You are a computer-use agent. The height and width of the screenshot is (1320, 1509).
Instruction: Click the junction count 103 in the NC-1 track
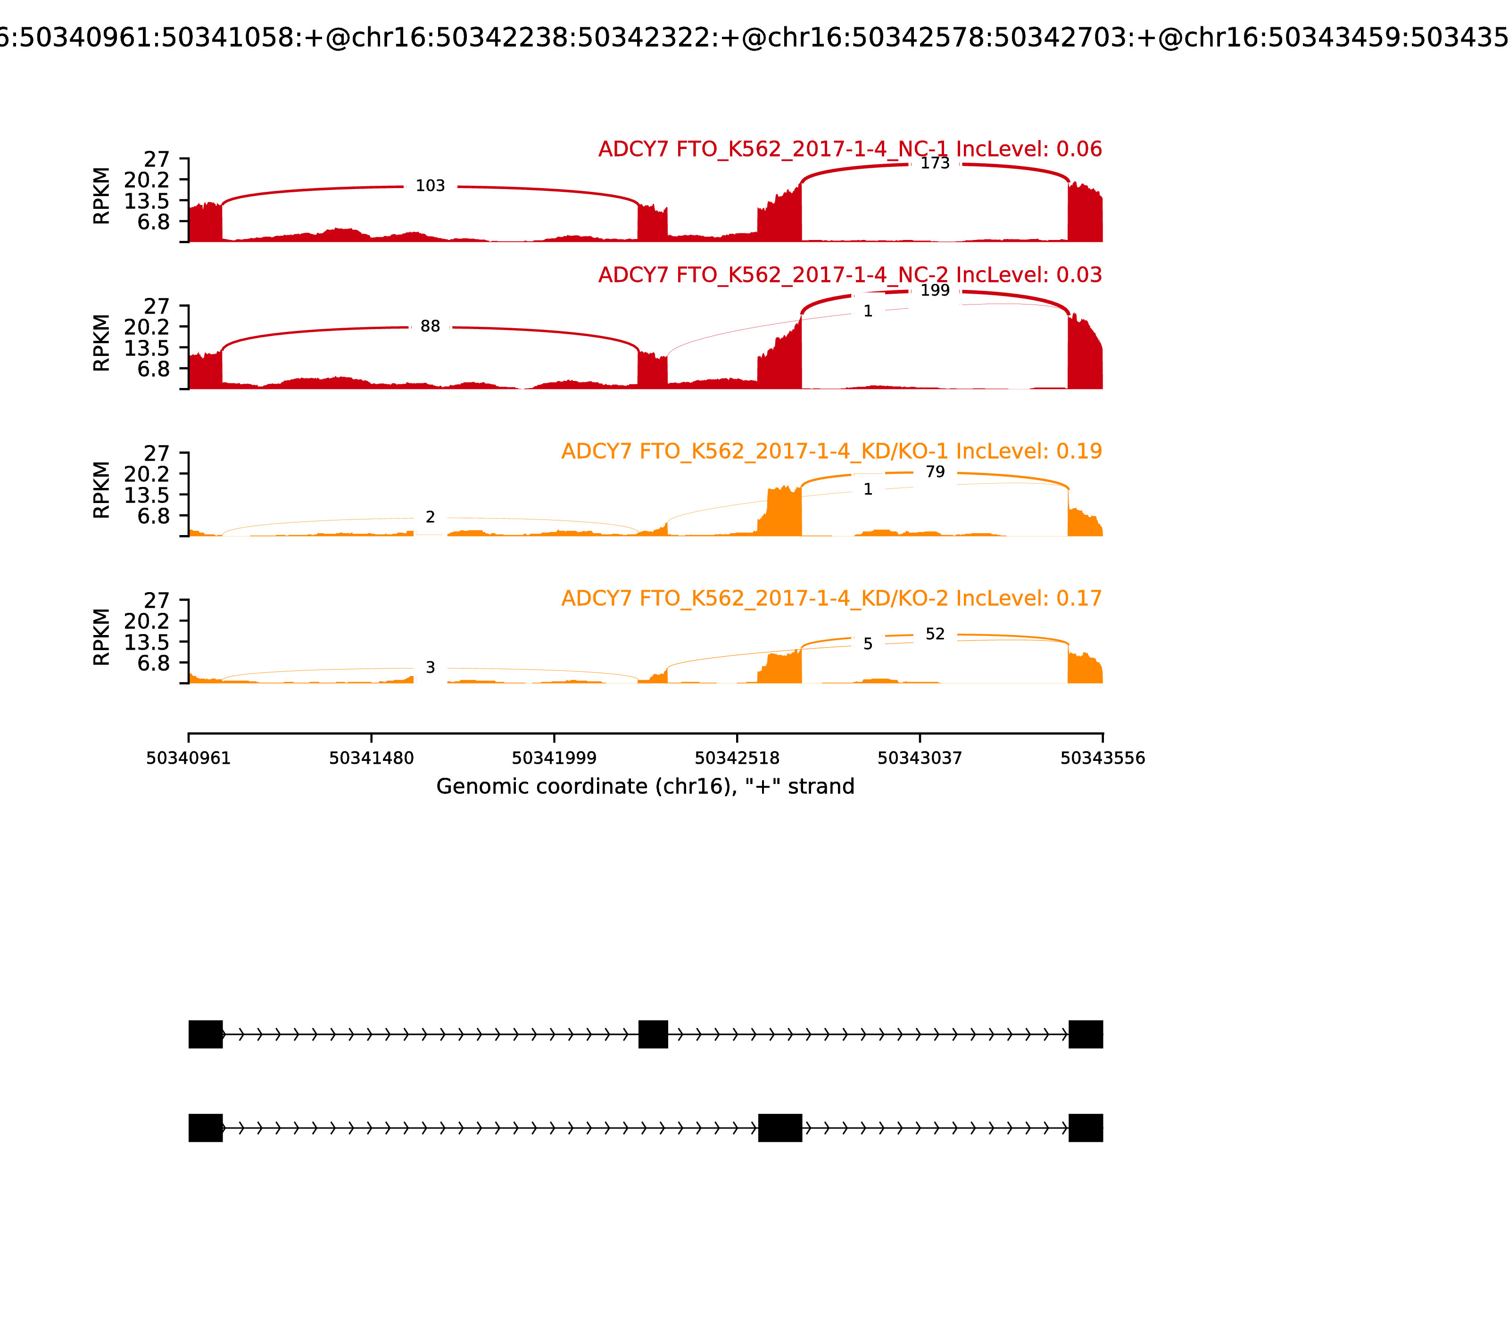430,186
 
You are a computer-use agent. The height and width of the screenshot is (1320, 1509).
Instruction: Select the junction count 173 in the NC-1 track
935,163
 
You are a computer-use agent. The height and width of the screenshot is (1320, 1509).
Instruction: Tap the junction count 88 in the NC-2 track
430,326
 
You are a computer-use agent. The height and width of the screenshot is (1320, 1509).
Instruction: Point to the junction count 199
935,290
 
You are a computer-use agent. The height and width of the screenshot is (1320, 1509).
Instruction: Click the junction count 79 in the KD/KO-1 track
935,471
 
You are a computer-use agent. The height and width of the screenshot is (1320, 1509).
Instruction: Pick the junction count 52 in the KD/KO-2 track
935,634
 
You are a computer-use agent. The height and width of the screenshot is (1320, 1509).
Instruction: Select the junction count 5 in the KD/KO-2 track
868,644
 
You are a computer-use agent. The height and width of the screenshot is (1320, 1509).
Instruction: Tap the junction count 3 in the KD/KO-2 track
430,668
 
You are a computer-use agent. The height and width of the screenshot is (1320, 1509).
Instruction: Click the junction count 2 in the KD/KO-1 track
430,517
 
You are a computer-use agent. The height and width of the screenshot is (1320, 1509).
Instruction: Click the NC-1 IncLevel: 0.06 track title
850,149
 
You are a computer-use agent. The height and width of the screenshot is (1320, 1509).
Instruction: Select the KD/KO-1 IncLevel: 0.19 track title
831,451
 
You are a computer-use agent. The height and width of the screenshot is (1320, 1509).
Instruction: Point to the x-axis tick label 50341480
372,759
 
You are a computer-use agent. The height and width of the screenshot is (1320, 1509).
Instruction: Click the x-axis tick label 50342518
737,759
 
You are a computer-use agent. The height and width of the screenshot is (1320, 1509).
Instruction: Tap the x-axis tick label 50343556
1103,759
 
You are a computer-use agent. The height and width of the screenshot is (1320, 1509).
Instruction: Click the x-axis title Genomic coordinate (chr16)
646,787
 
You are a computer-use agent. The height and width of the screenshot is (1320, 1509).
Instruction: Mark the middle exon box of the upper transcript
653,1034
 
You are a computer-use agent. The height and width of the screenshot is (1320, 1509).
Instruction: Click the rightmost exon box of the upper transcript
1086,1034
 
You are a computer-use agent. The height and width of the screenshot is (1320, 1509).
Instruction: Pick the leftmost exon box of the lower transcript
206,1128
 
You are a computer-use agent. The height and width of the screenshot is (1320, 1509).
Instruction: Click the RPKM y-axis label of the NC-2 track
102,343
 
